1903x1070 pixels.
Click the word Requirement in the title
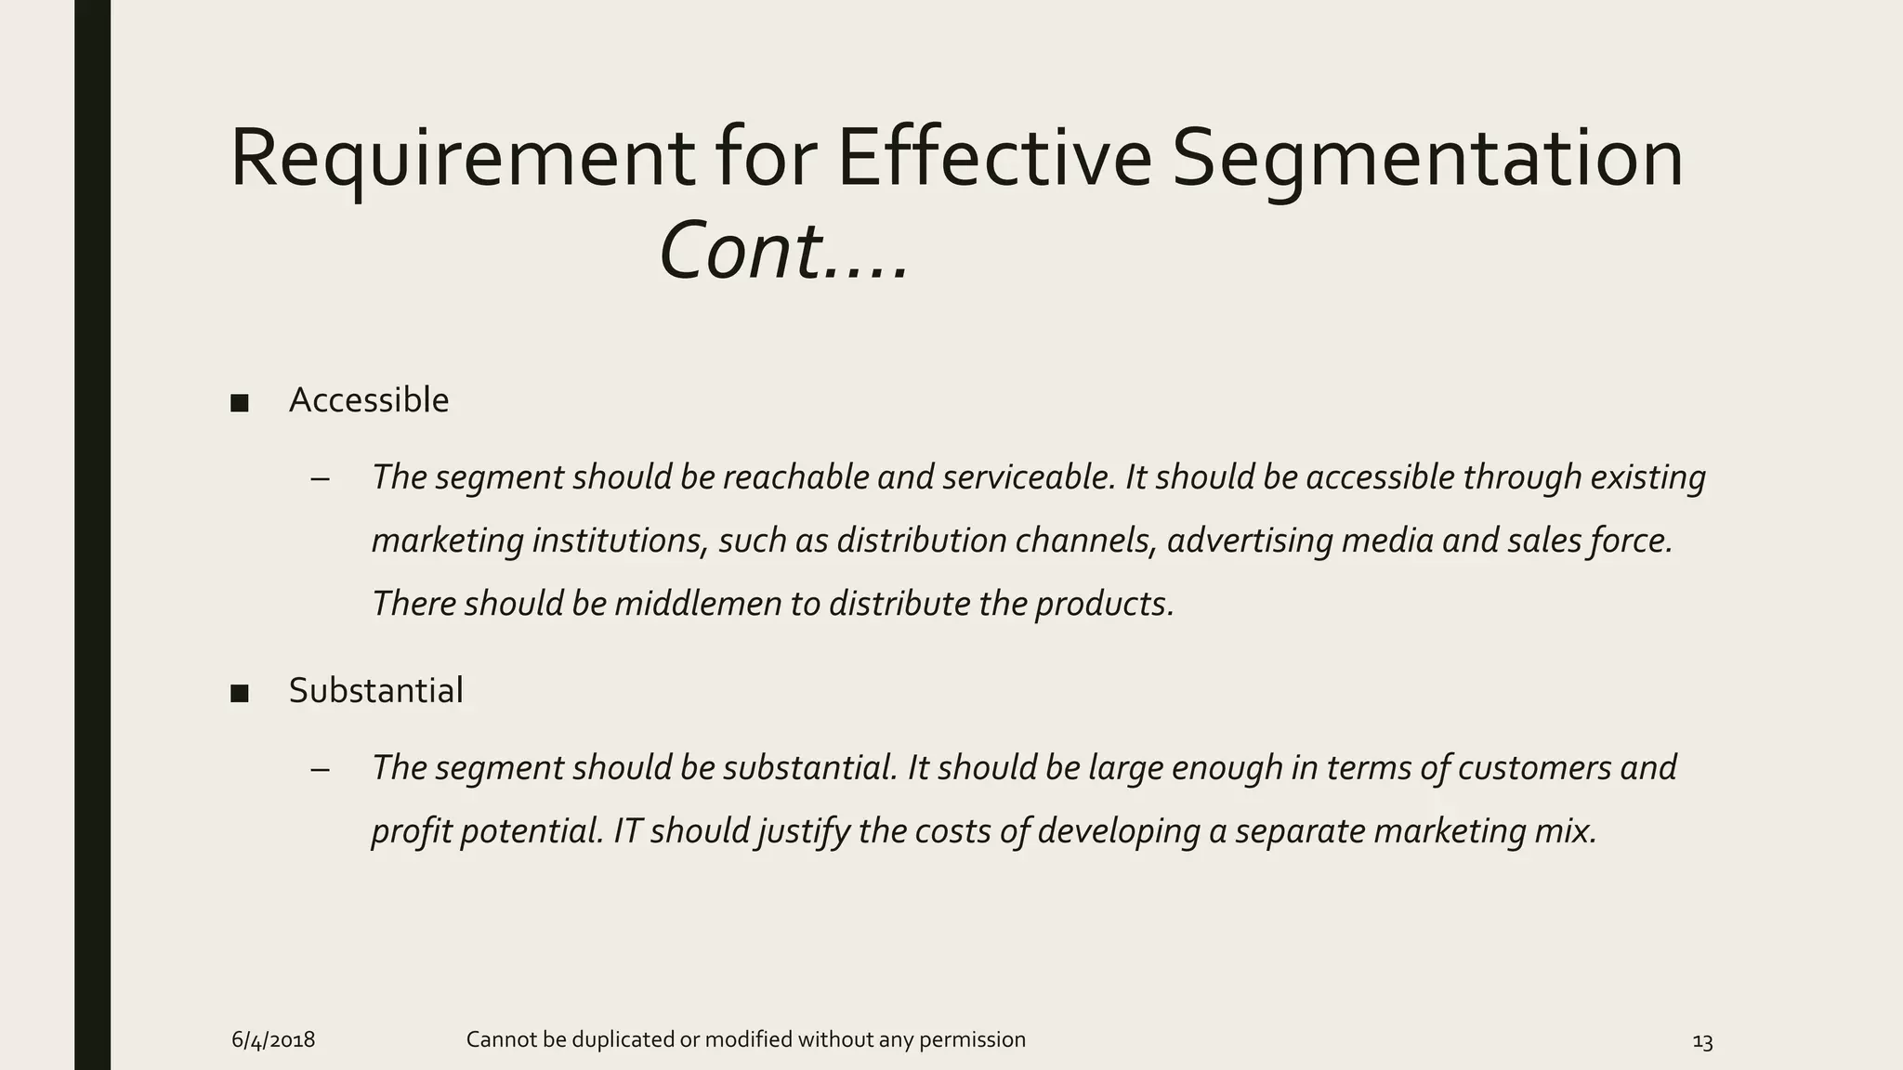461,160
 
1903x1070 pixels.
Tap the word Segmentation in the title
1427,160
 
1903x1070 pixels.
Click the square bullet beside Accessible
240,403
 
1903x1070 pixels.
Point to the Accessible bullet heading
369,400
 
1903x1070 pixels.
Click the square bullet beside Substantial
240,694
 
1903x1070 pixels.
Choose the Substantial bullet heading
375,691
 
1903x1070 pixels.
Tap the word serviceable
1027,477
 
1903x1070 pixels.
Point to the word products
1104,604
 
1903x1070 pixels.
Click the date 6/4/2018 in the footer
273,1040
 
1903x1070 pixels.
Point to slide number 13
1702,1042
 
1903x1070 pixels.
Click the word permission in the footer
972,1040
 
